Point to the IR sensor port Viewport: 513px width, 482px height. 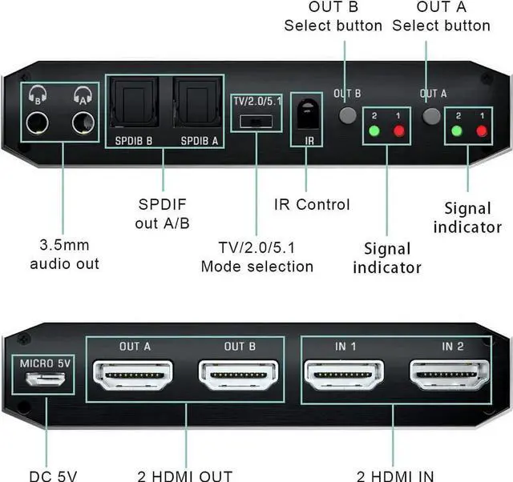click(x=306, y=116)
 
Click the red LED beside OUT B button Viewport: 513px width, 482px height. click(x=399, y=131)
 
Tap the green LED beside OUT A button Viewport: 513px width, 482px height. click(x=455, y=131)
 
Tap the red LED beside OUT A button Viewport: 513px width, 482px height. click(x=482, y=131)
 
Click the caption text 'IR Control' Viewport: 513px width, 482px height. click(x=312, y=204)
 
